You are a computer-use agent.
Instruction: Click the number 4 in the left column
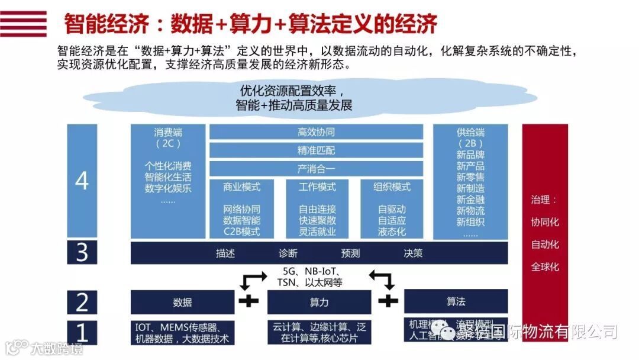click(x=82, y=181)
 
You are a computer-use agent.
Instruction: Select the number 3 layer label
click(x=82, y=253)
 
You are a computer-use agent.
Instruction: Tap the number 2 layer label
click(x=82, y=302)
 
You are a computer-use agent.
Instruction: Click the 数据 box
click(x=182, y=302)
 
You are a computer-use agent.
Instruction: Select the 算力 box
click(x=319, y=302)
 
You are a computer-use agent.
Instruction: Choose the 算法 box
click(x=456, y=301)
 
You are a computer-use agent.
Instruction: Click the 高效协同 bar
click(x=316, y=131)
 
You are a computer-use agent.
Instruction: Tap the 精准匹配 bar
click(x=316, y=150)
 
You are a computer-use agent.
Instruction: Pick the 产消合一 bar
click(x=316, y=169)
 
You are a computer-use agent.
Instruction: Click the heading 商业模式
click(x=241, y=187)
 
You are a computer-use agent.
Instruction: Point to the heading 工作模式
click(x=317, y=187)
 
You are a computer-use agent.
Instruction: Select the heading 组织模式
click(x=392, y=187)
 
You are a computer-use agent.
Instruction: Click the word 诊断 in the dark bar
click(x=288, y=253)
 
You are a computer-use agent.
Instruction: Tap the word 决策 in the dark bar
click(x=413, y=253)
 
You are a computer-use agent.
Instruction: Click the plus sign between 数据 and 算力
click(x=248, y=301)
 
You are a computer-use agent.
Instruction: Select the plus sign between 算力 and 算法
click(x=388, y=301)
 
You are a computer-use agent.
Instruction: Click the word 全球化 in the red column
click(x=544, y=267)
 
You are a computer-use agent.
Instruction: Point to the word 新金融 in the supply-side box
click(x=470, y=200)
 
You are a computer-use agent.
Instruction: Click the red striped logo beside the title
click(x=23, y=24)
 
